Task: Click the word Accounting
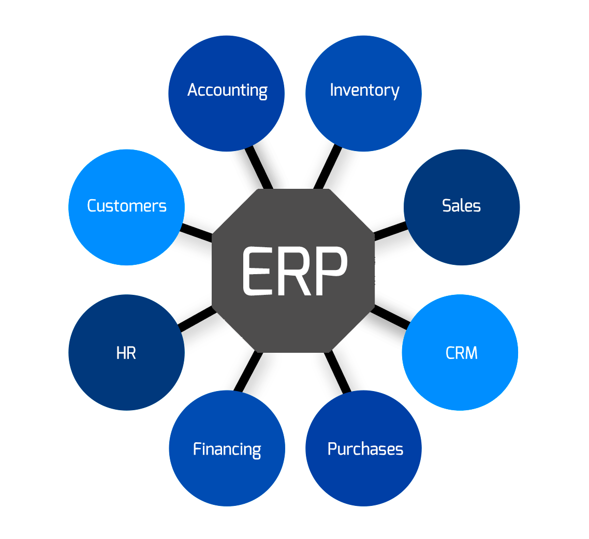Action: pyautogui.click(x=227, y=90)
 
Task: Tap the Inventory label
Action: pyautogui.click(x=364, y=90)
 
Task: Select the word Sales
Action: pyautogui.click(x=461, y=206)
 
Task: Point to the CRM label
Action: pyautogui.click(x=461, y=353)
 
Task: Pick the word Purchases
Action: pyautogui.click(x=365, y=448)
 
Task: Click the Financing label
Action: pyautogui.click(x=227, y=448)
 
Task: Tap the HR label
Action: pyautogui.click(x=126, y=353)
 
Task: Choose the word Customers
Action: pyautogui.click(x=127, y=206)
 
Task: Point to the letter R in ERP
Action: pyautogui.click(x=294, y=271)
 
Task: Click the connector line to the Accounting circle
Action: pyautogui.click(x=259, y=169)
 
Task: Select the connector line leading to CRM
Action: pyautogui.click(x=391, y=316)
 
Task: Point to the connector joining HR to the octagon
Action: pyautogui.click(x=196, y=317)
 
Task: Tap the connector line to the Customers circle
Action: pyautogui.click(x=196, y=231)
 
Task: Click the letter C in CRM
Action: pyautogui.click(x=450, y=353)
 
